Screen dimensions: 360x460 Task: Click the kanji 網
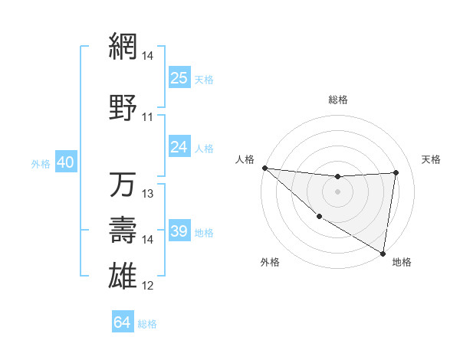click(123, 47)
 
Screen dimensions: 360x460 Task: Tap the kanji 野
click(123, 108)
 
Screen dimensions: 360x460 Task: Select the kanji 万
click(123, 185)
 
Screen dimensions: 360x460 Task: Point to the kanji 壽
click(123, 231)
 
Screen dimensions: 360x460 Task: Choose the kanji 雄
click(123, 276)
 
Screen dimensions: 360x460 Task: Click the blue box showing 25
click(179, 77)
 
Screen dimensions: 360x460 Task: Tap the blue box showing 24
click(179, 147)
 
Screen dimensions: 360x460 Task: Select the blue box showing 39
click(179, 231)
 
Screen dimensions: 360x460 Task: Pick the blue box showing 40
click(65, 162)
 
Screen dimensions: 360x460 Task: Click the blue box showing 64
click(123, 322)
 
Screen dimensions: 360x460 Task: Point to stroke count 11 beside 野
click(148, 117)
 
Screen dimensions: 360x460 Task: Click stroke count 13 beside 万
click(148, 194)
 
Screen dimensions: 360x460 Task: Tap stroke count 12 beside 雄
click(148, 286)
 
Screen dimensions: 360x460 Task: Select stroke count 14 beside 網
click(148, 56)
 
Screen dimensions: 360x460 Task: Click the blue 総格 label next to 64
click(147, 324)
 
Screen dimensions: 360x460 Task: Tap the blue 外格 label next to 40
click(41, 164)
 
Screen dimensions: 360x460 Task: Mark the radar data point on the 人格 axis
click(264, 168)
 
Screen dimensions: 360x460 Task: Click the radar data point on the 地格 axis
click(383, 253)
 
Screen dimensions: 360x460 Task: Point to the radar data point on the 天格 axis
click(396, 172)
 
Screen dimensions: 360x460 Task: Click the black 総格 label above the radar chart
click(338, 100)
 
